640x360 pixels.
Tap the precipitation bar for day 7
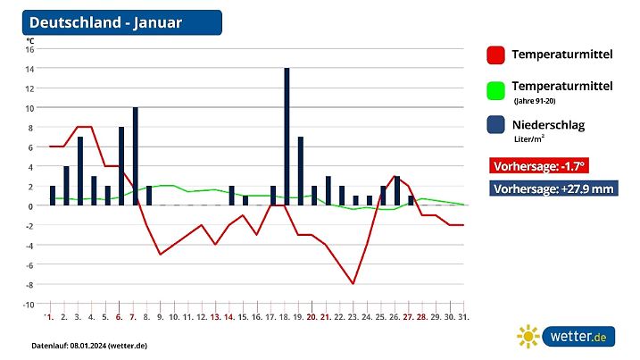click(x=135, y=155)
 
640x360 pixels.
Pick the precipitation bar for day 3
click(x=79, y=171)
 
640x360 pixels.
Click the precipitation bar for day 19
click(x=301, y=171)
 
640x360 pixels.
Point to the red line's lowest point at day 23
click(x=353, y=284)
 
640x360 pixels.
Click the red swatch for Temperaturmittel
click(x=495, y=54)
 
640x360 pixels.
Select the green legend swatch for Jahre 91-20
click(x=495, y=90)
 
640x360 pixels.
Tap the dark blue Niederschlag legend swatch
click(x=495, y=127)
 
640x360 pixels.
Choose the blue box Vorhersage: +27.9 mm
click(x=553, y=188)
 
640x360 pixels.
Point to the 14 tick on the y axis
click(x=29, y=69)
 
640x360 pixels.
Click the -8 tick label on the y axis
click(x=29, y=284)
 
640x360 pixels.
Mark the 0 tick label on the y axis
click(x=31, y=205)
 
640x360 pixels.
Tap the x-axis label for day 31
click(x=463, y=317)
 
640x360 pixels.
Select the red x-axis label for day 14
click(x=229, y=317)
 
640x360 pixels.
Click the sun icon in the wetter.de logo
click(x=528, y=336)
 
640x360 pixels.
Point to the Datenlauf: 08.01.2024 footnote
click(x=88, y=345)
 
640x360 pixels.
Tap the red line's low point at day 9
click(x=161, y=255)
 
